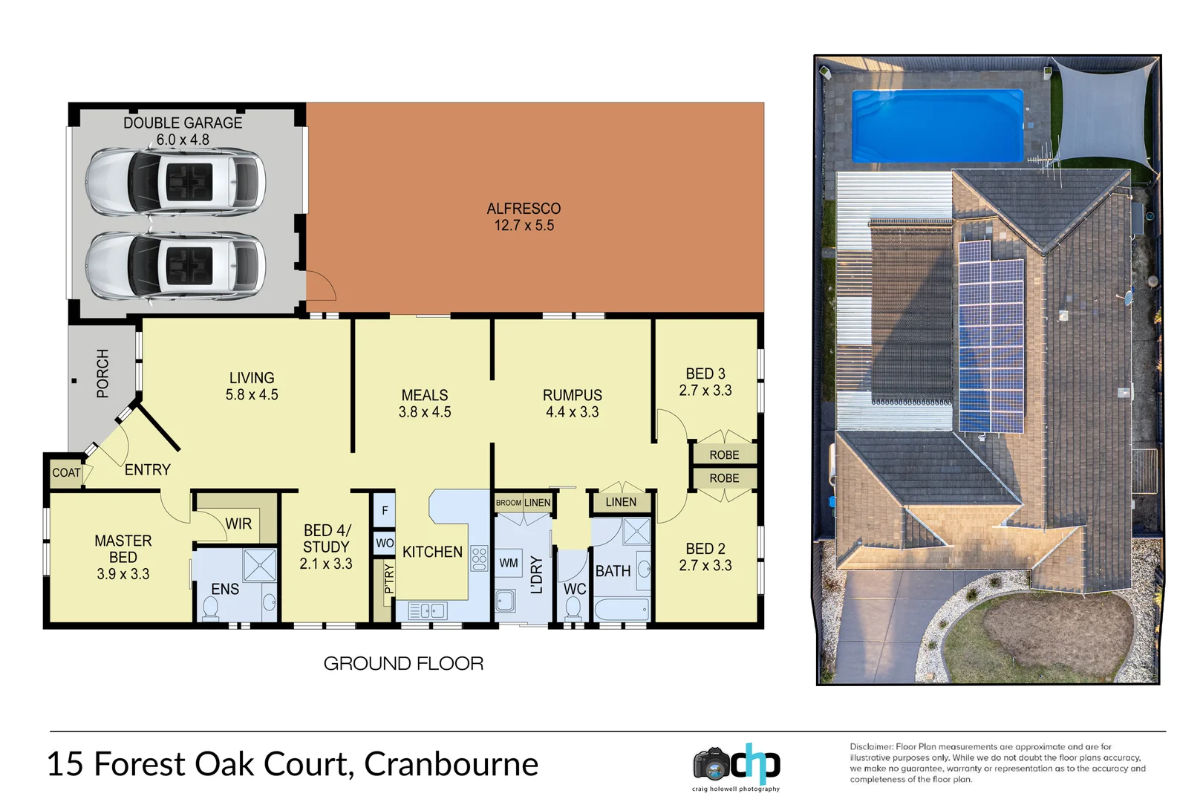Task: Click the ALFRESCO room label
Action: [x=524, y=209]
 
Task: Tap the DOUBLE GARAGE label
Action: [x=183, y=123]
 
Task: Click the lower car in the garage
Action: [x=175, y=266]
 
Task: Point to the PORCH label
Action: [x=102, y=374]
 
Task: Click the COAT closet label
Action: [x=66, y=473]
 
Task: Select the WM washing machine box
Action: [x=509, y=563]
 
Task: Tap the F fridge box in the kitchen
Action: [x=384, y=510]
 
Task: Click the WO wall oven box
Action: [x=384, y=543]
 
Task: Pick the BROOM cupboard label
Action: [x=508, y=503]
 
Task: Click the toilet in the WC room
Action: [x=573, y=607]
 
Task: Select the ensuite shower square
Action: [x=260, y=565]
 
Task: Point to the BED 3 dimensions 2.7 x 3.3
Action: [x=705, y=391]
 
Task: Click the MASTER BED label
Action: [x=123, y=549]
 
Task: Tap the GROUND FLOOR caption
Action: [x=403, y=663]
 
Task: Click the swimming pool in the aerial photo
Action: [x=937, y=125]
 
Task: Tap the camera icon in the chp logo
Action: [x=711, y=764]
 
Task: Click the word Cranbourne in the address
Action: [x=451, y=764]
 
